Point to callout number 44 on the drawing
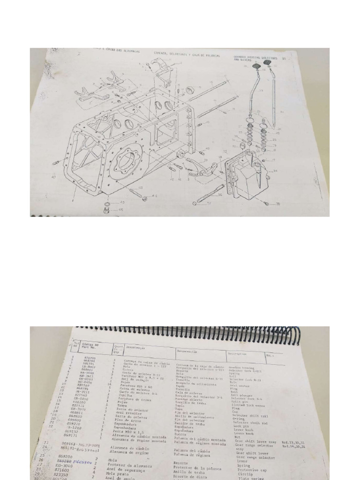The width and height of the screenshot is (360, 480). pos(155,195)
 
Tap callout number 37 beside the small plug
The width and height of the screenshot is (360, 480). pos(210,204)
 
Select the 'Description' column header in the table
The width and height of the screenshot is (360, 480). pos(237,353)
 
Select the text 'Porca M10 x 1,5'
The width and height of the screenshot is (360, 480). pos(123,431)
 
